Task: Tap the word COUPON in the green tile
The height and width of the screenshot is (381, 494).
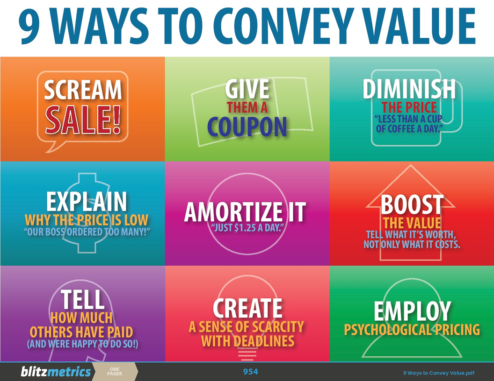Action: pos(247,127)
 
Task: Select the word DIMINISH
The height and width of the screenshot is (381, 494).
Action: pos(409,89)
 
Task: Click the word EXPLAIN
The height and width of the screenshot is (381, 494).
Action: pos(86,201)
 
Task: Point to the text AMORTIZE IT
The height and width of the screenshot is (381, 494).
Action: pos(245,212)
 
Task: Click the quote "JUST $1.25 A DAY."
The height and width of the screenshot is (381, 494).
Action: pos(247,228)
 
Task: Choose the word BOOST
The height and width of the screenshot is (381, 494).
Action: pos(412,204)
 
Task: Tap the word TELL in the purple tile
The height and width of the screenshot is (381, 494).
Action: pos(82,299)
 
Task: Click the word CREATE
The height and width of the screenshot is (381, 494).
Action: pos(247,308)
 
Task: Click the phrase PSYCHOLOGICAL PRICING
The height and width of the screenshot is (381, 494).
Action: pos(412,329)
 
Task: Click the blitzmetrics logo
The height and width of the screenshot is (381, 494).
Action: pos(56,372)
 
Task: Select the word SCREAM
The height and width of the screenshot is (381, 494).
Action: pos(83,90)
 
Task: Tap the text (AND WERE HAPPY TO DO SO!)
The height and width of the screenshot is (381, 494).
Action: pos(82,345)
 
